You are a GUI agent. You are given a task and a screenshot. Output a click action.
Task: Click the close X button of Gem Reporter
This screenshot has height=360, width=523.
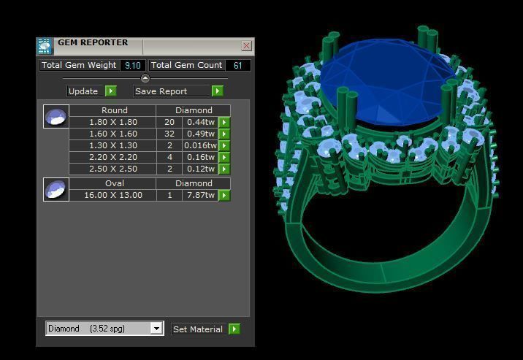pos(246,45)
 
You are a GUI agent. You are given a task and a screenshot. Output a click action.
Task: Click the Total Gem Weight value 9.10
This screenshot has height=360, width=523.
pos(132,66)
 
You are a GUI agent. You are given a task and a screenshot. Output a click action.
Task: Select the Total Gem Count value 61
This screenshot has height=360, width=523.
pos(238,66)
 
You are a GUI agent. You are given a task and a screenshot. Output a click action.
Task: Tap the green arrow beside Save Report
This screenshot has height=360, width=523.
pos(218,91)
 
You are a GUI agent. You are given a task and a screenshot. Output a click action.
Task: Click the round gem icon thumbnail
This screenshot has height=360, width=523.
pos(56,116)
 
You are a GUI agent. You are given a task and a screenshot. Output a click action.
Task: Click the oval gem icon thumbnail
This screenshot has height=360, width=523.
pos(56,190)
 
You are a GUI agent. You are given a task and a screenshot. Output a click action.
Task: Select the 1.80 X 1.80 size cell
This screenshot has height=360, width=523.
pos(112,123)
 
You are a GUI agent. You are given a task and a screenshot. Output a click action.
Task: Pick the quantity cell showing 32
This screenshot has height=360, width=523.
pos(169,134)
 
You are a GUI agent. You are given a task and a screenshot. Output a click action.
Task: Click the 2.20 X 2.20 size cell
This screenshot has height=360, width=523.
pos(112,158)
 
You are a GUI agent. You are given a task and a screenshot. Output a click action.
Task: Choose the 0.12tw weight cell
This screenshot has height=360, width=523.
pos(199,169)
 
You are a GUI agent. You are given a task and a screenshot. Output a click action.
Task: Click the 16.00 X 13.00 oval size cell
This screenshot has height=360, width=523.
pos(112,196)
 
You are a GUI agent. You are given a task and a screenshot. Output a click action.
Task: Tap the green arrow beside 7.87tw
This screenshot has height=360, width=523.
pos(224,196)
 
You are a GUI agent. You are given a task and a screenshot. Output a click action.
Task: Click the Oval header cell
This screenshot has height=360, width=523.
pos(114,184)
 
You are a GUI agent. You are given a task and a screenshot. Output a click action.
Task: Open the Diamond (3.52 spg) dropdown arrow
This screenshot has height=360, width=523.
pos(156,329)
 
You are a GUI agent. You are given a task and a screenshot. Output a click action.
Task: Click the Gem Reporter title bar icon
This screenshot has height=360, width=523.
pos(45,46)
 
